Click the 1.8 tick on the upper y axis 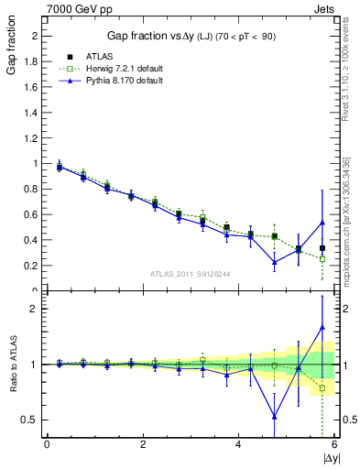[33, 61]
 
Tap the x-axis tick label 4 [238, 444]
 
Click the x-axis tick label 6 [334, 444]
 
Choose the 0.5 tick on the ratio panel [33, 420]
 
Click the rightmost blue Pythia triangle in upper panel [322, 222]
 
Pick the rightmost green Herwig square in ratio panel [322, 388]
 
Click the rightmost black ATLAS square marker [322, 248]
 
